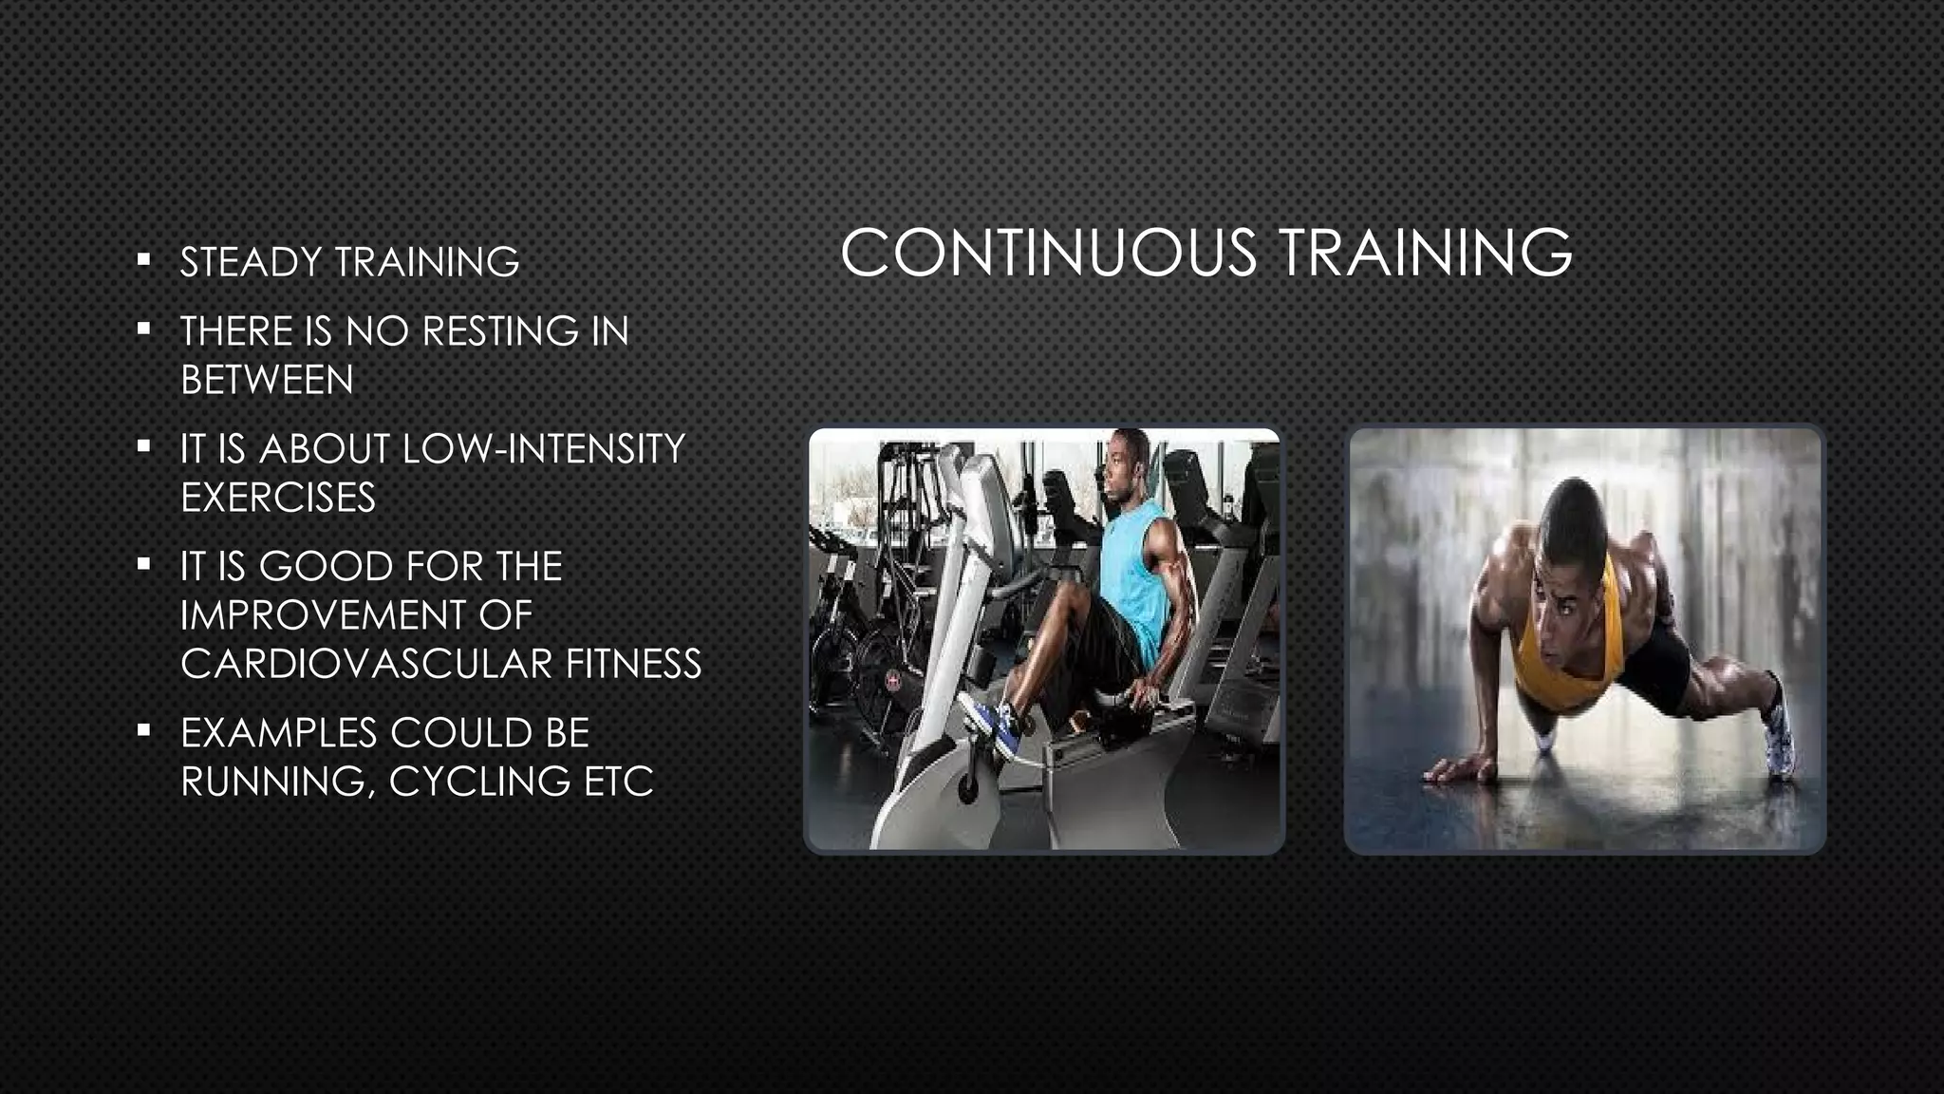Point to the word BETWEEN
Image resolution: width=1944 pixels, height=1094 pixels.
click(x=267, y=380)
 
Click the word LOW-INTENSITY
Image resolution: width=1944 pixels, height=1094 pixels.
click(x=543, y=449)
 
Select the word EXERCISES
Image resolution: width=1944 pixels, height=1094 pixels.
click(x=278, y=498)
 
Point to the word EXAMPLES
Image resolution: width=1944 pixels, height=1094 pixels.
click(x=277, y=733)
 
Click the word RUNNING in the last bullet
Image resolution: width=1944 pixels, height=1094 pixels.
click(x=275, y=782)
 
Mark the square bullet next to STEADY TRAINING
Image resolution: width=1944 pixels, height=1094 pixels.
click(x=143, y=258)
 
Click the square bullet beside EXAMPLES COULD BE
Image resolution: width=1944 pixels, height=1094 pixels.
click(x=143, y=730)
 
